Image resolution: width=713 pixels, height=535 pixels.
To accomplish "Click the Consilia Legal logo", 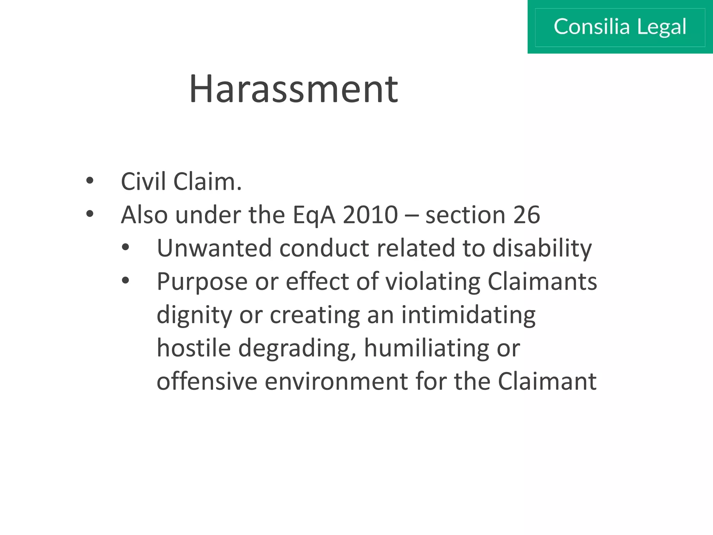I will pos(620,27).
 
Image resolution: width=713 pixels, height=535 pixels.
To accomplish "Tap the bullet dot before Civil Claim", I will pos(90,181).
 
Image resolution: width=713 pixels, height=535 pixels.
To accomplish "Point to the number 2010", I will pos(370,215).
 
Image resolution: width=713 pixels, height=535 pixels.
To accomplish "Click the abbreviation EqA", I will pos(314,215).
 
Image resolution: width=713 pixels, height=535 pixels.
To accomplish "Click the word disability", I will pos(542,249).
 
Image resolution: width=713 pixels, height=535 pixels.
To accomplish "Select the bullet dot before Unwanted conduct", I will pos(126,247).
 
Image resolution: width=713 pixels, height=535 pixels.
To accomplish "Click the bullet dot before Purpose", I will pos(126,280).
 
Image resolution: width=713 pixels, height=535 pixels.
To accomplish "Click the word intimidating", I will pos(468,315).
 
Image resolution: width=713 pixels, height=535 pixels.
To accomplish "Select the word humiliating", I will pos(426,348).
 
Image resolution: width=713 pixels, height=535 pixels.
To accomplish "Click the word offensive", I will pos(207,381).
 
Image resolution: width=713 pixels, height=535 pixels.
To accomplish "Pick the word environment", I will pos(336,381).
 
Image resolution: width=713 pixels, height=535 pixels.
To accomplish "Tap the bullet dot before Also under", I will pos(90,214).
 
